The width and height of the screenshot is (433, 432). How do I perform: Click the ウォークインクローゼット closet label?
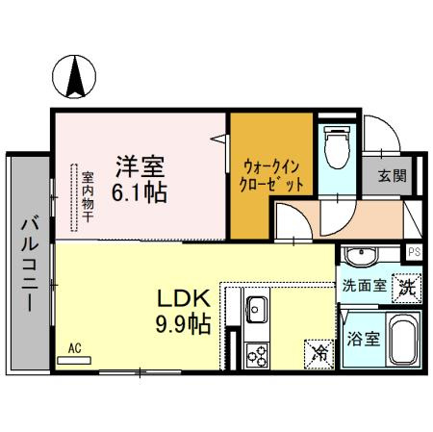tap(273, 173)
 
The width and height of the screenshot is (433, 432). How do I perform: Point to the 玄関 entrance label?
tap(391, 176)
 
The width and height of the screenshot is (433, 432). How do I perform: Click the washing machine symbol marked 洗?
tap(408, 287)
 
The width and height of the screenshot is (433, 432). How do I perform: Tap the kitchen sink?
tap(257, 310)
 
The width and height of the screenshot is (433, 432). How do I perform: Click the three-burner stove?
tap(257, 354)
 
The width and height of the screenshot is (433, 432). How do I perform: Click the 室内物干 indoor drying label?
tap(87, 197)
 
